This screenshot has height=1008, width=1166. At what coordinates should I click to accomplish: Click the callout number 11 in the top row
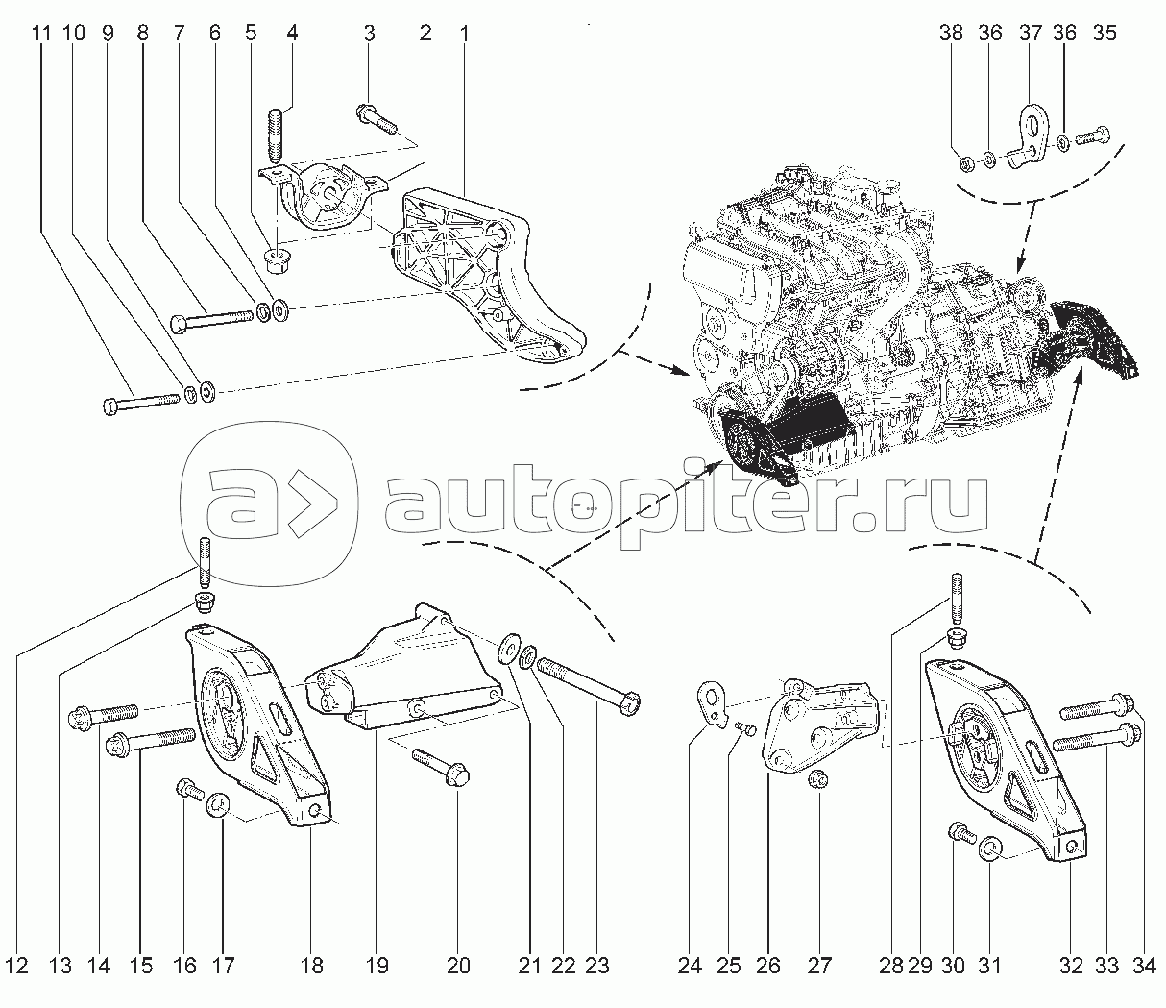(x=40, y=33)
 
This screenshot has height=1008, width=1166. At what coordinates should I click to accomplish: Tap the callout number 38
(x=951, y=33)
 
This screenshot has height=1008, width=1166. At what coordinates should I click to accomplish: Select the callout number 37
(x=1030, y=33)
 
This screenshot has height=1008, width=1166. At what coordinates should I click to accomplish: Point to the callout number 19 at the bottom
(x=377, y=966)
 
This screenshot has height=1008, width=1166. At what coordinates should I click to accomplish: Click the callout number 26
(x=767, y=966)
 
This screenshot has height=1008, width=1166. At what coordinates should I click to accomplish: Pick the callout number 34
(x=1144, y=966)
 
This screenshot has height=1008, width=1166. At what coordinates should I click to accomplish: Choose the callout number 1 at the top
(x=464, y=33)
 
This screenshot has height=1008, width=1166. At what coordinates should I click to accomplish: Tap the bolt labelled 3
(x=377, y=119)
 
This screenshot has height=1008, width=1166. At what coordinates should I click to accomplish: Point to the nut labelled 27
(x=818, y=781)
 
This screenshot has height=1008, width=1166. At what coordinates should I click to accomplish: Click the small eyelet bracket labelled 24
(x=713, y=704)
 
